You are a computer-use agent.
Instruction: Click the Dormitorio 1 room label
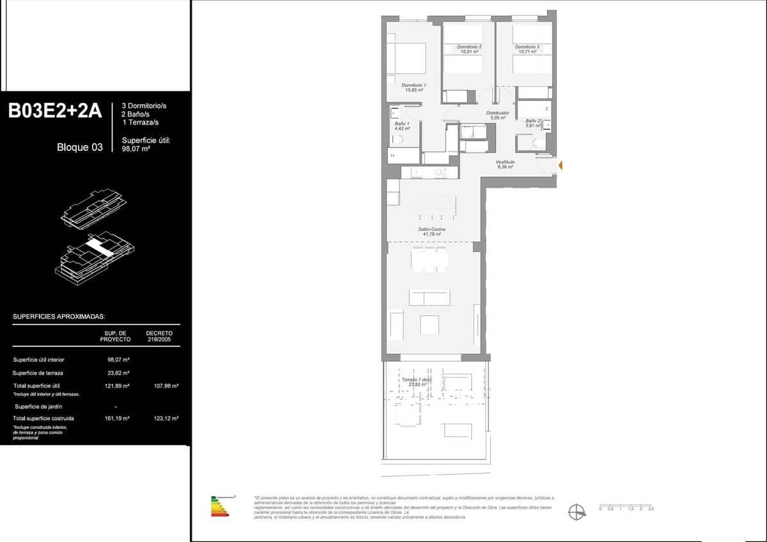click(x=414, y=88)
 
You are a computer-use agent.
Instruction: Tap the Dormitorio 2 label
click(x=469, y=49)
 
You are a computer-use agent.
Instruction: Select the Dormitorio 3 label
click(x=527, y=49)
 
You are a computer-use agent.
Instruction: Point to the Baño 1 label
click(x=402, y=126)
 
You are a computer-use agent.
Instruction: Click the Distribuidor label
click(x=498, y=115)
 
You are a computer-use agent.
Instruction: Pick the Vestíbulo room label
click(x=506, y=164)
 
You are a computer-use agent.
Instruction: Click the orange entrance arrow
click(x=560, y=166)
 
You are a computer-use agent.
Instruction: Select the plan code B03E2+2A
click(x=55, y=111)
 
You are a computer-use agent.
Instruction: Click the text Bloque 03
click(x=80, y=147)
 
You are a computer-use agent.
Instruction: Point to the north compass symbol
click(x=577, y=511)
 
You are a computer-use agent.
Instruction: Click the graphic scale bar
click(x=626, y=506)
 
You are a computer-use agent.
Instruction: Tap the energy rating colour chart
click(x=221, y=506)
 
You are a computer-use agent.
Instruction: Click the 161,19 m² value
click(x=118, y=418)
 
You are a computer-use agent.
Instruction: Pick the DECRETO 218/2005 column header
click(x=159, y=336)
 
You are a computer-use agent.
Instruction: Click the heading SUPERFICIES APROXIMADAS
click(x=59, y=316)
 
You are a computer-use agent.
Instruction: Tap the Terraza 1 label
click(x=417, y=382)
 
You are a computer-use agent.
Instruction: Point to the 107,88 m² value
click(x=166, y=386)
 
